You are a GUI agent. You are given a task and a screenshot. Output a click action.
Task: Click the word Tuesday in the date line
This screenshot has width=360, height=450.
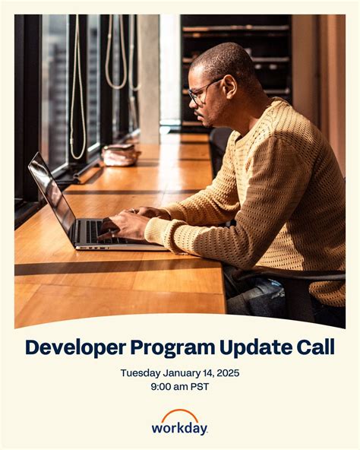[141, 372]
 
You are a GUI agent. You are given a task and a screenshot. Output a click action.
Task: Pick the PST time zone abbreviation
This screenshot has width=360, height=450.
[200, 386]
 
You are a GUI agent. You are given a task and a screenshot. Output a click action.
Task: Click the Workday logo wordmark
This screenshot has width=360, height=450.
[179, 428]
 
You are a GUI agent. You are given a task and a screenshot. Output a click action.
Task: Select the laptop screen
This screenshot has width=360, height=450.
[51, 198]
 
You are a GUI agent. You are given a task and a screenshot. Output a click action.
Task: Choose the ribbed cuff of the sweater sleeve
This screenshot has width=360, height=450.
[156, 232]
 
